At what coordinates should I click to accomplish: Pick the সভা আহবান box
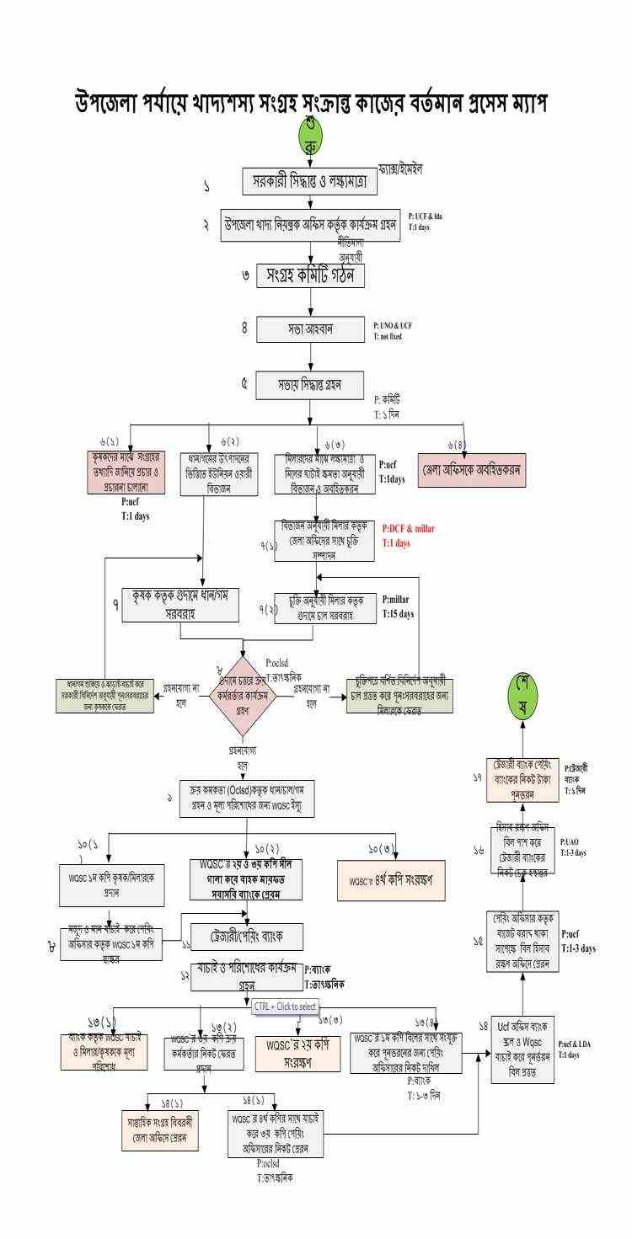310,329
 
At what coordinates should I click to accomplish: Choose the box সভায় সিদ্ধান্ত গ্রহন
310,383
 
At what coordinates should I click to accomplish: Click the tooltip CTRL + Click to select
285,1006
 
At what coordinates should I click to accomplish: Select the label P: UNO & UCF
393,324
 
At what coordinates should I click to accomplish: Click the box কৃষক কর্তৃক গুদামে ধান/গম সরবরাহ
179,604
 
